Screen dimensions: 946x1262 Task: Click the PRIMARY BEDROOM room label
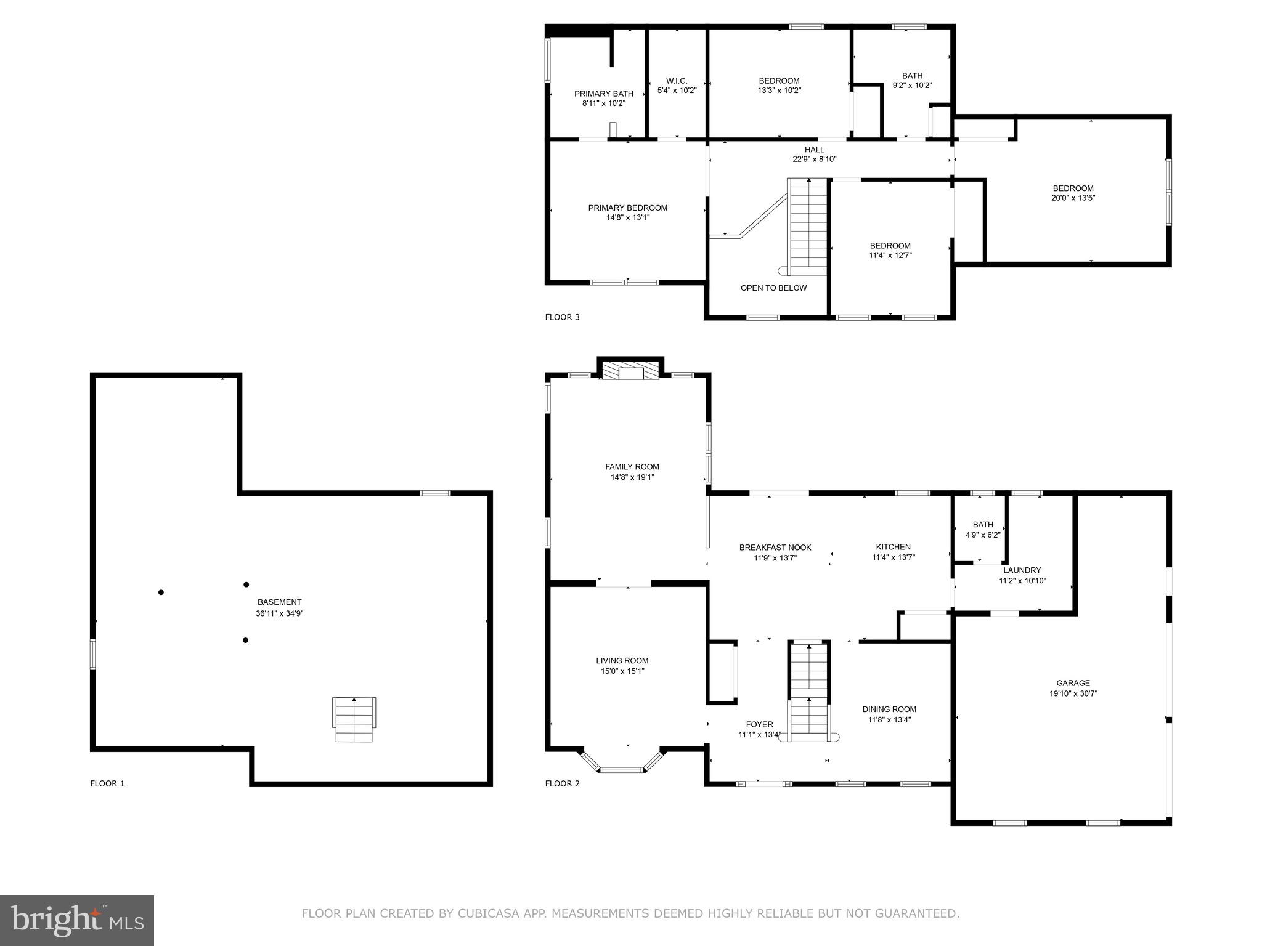627,208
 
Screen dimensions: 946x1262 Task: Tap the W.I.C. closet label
677,81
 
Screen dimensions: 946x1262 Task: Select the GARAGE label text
1073,683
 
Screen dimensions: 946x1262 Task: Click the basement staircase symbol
354,719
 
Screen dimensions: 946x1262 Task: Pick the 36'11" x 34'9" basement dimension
280,613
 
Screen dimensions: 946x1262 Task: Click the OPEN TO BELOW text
773,288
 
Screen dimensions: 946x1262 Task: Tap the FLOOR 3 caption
562,318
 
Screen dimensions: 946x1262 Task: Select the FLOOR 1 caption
107,784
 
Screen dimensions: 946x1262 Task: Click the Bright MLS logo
77,920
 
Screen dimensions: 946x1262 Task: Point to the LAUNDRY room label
1022,570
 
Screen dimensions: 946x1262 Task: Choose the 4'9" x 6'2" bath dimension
983,535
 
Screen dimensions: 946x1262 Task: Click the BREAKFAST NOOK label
775,548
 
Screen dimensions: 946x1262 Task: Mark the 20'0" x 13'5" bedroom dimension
1073,198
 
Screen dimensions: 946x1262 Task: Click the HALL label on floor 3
814,150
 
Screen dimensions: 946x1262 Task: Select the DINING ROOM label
889,709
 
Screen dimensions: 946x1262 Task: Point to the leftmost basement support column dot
161,592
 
